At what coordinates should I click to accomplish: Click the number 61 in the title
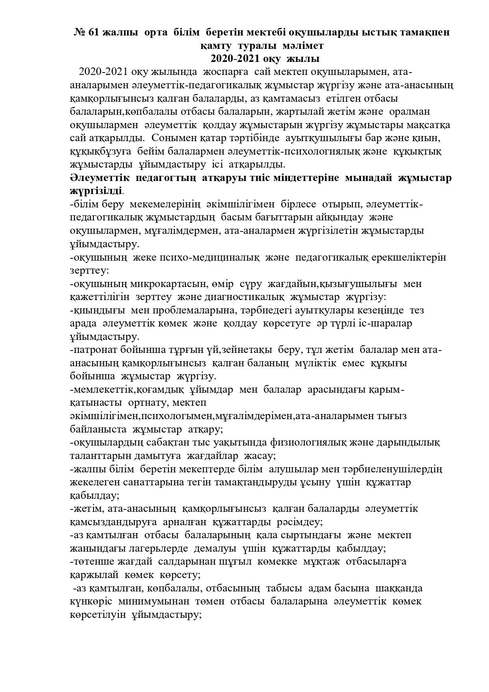pyautogui.click(x=93, y=32)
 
